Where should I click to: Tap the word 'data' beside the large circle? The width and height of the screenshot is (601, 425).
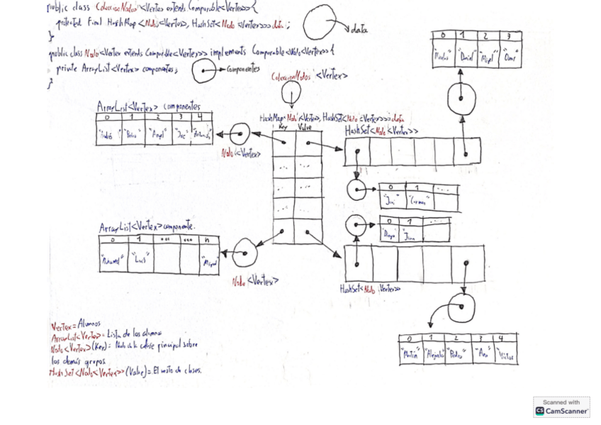pos(360,30)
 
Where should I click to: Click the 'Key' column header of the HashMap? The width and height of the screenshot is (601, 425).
pos(283,128)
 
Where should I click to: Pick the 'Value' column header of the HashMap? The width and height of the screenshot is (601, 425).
pos(305,128)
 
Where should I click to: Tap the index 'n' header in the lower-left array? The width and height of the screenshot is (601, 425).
pos(208,240)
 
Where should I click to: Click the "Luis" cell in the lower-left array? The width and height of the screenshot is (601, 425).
pos(140,260)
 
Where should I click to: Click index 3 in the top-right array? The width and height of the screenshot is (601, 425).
pos(507,35)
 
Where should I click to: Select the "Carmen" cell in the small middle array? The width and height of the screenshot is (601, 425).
pos(418,202)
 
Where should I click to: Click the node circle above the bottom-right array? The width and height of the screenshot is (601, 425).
pos(461,308)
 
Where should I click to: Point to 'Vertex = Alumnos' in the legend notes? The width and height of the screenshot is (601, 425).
pos(76,325)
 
